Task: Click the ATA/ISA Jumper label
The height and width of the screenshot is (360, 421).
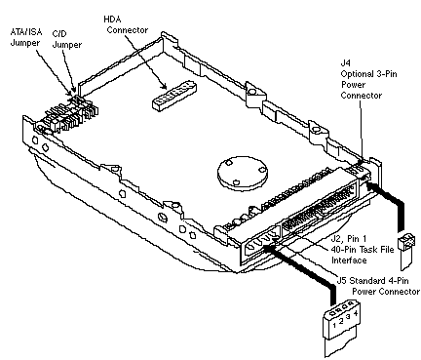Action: pos(26,37)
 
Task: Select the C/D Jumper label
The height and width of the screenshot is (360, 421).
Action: pos(67,40)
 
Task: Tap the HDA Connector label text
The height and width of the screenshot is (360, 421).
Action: pos(126,24)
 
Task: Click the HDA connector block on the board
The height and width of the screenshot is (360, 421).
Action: pos(174,95)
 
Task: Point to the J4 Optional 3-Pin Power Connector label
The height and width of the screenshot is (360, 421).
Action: pos(368,79)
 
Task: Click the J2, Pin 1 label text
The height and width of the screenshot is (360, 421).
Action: pos(348,239)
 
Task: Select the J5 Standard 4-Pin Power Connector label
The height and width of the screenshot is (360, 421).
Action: pos(378,286)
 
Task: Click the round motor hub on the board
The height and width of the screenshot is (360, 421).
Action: pos(243,173)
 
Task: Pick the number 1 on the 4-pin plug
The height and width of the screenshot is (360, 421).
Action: pos(334,324)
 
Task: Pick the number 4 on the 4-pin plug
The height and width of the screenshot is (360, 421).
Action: pos(356,313)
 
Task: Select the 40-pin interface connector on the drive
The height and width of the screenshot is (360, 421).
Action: pos(320,209)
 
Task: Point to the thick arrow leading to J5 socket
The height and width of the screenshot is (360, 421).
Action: pos(299,270)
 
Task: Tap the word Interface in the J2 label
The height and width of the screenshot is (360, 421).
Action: pos(349,260)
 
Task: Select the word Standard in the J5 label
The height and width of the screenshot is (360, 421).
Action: pos(363,281)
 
